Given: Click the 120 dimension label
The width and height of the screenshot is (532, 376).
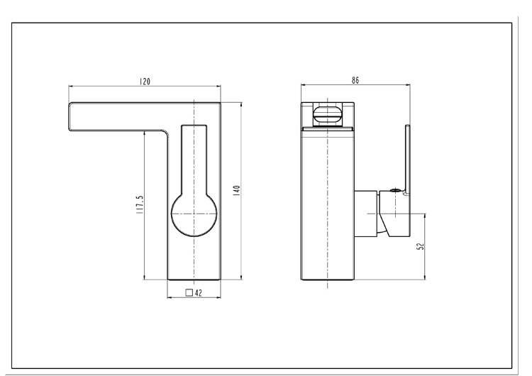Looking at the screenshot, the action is (x=145, y=82).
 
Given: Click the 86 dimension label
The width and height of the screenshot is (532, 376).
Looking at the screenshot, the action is (x=355, y=80).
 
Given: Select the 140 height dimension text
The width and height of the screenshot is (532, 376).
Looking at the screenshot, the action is (x=236, y=190).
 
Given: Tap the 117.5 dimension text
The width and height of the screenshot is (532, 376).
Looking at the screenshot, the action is (x=140, y=204).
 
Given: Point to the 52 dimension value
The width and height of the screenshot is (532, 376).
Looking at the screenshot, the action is (x=421, y=246).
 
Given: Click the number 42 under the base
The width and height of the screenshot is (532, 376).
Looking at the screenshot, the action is (x=199, y=293).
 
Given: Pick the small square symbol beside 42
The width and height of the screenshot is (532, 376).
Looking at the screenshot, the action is (x=189, y=292).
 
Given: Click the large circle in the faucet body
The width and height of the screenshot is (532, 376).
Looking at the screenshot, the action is (x=172, y=214).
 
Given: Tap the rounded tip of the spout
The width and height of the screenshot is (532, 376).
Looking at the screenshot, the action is (x=70, y=116).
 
